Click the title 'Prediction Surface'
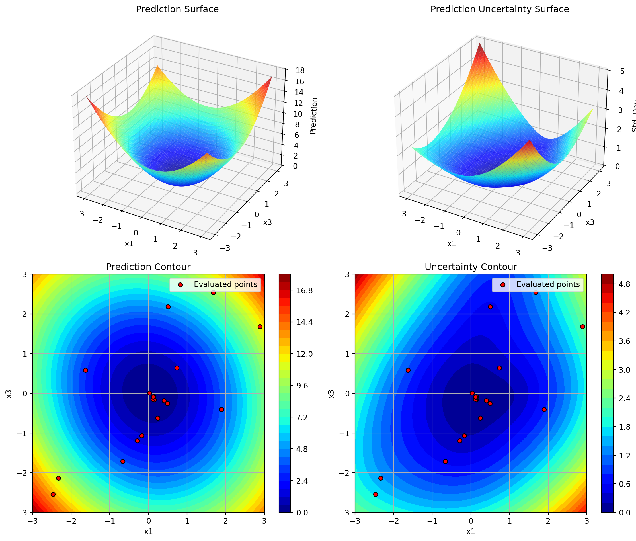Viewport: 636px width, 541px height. point(177,9)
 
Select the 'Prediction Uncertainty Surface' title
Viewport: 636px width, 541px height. point(500,9)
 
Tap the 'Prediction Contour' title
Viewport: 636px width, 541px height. point(148,267)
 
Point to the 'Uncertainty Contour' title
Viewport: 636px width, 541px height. point(471,267)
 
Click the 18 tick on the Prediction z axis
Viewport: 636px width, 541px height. point(301,71)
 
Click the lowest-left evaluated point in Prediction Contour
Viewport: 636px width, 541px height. point(53,494)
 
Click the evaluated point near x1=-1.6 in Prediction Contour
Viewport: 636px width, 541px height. point(86,370)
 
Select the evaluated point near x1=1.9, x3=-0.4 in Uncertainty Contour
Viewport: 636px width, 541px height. point(544,410)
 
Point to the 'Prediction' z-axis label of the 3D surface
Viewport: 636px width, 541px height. point(313,116)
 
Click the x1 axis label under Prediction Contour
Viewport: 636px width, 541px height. point(148,532)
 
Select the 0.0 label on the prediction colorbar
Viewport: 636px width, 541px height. point(303,513)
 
